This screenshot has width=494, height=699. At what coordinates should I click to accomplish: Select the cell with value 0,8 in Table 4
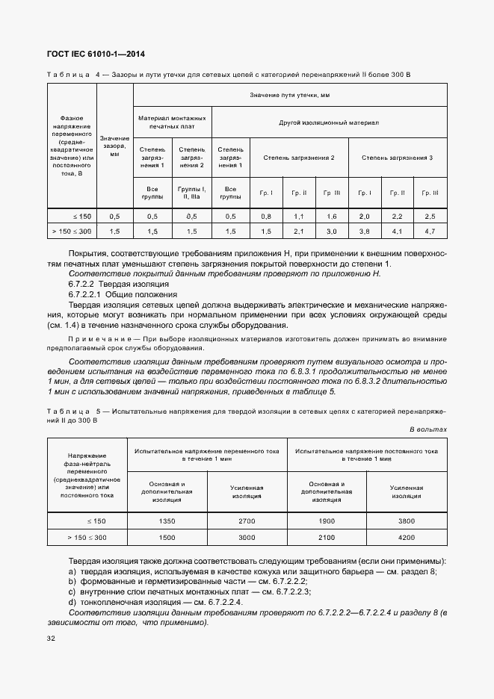265,216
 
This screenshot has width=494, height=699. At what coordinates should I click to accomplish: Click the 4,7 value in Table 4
429,232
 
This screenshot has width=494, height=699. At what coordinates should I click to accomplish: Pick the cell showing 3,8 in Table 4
364,232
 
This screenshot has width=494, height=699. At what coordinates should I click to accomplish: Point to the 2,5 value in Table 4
429,216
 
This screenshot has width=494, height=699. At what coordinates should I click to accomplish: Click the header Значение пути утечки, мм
290,96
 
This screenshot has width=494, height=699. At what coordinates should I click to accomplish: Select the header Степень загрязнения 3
397,158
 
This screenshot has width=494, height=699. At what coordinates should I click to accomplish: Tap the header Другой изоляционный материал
330,121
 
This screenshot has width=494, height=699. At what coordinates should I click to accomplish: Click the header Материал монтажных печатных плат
173,121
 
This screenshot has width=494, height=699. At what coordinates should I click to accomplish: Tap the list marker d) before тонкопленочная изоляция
72,602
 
